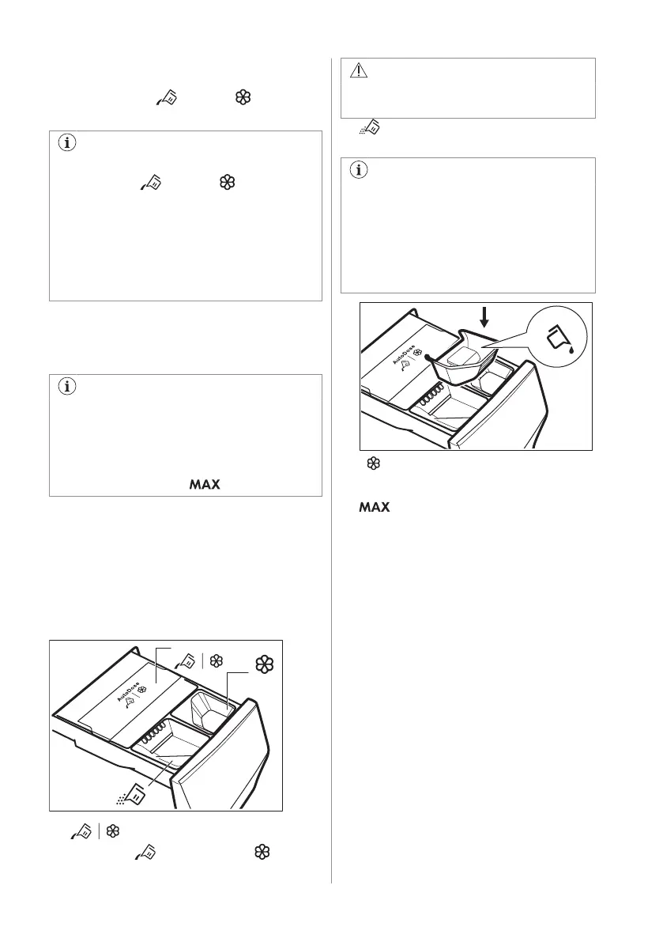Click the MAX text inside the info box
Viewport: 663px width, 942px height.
[x=205, y=482]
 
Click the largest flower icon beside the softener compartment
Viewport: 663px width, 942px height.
[x=266, y=664]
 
